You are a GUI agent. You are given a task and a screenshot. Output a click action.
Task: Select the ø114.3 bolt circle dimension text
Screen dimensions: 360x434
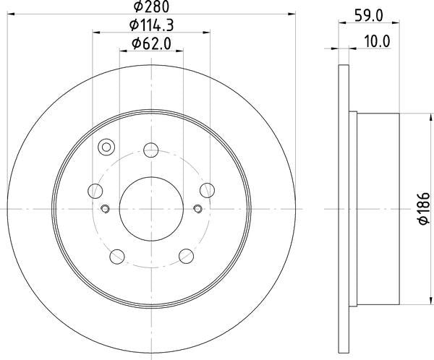tap(151, 26)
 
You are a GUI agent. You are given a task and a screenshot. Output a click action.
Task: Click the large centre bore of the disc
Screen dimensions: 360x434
tap(150, 209)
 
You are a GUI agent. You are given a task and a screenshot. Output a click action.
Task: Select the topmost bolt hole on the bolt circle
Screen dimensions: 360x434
tap(150, 150)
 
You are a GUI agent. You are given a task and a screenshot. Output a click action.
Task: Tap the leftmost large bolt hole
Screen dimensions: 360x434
tap(95, 191)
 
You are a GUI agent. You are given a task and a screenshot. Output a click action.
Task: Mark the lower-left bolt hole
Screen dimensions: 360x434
tap(116, 256)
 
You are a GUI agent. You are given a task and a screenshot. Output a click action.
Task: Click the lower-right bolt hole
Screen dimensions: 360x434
tap(185, 256)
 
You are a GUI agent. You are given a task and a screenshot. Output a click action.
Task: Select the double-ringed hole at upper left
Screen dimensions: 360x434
tap(106, 147)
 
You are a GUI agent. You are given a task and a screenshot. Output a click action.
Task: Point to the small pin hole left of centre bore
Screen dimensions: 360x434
tap(106, 210)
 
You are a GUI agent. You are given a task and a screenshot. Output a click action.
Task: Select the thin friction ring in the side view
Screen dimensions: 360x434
tap(343, 209)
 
